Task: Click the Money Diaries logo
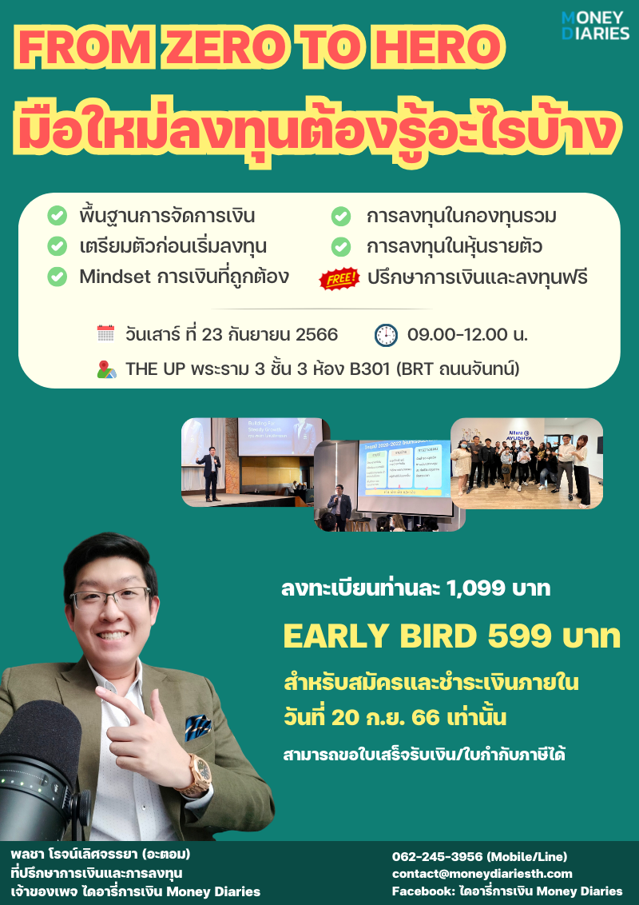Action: click(x=595, y=25)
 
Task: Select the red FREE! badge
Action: click(x=339, y=278)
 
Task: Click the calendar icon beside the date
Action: click(x=105, y=333)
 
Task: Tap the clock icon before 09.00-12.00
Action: click(x=386, y=334)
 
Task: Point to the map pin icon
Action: click(x=106, y=369)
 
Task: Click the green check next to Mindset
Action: click(x=57, y=277)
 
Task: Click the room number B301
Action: click(x=372, y=369)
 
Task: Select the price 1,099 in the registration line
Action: click(x=478, y=589)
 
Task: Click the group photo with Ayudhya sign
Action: click(x=526, y=463)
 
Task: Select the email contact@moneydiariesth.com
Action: click(x=482, y=874)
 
